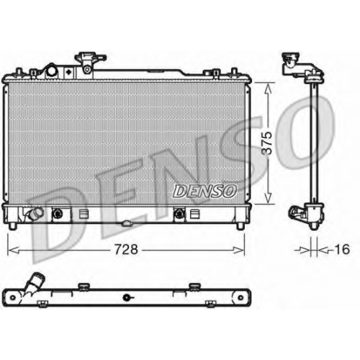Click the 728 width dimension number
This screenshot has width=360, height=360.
tap(126, 249)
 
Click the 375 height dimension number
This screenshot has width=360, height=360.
tap(267, 143)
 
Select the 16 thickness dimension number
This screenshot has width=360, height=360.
tap(342, 249)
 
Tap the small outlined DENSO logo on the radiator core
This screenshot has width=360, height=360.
tap(204, 192)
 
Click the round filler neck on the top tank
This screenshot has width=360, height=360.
tap(52, 71)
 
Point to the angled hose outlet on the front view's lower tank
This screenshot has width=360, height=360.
tap(35, 213)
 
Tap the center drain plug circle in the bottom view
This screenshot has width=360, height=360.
tap(126, 298)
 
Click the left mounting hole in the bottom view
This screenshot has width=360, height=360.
tap(12, 298)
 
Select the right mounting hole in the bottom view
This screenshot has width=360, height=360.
tap(240, 298)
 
